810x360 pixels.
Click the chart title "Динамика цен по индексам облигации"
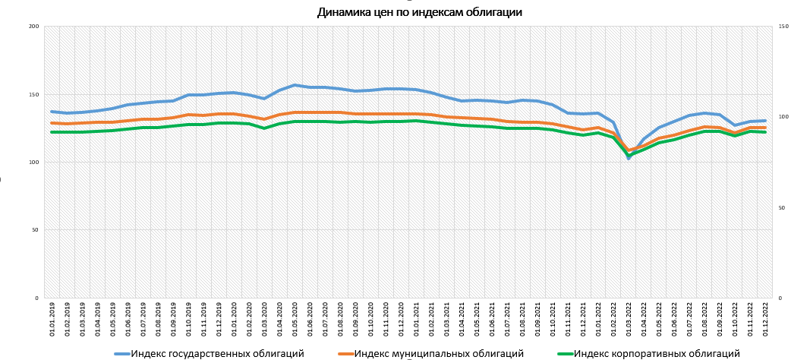[419, 12]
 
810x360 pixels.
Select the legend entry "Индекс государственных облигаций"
[217, 353]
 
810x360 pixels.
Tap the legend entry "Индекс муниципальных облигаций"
[439, 353]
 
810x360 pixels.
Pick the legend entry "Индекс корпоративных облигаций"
[657, 353]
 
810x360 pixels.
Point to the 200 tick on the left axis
[33, 27]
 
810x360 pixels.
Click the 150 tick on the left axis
[33, 95]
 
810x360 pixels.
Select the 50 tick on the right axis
[783, 207]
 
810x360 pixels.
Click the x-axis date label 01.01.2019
[52, 320]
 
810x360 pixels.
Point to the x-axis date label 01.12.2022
[764, 320]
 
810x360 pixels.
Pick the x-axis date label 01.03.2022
[629, 320]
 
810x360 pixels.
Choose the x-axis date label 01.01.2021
[416, 320]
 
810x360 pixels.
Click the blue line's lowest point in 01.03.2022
[629, 157]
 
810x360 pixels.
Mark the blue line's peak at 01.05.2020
[295, 85]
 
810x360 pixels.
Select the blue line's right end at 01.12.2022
[764, 121]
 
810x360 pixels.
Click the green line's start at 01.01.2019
[52, 132]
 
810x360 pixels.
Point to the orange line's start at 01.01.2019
[52, 123]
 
